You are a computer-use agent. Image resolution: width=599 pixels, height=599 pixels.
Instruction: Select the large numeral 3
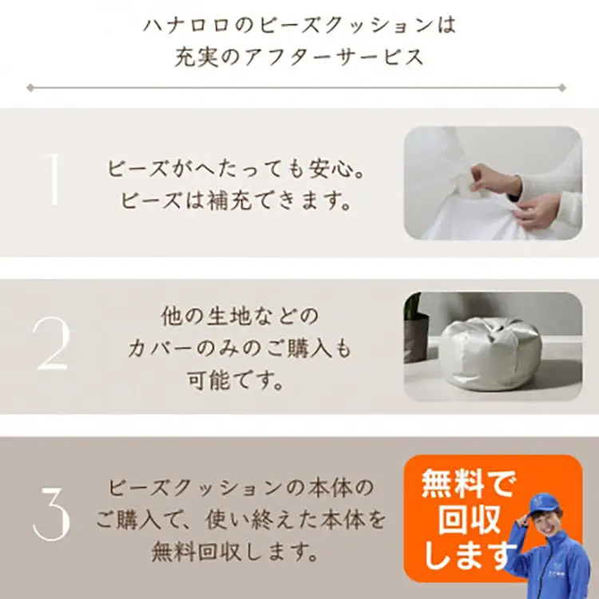(51, 512)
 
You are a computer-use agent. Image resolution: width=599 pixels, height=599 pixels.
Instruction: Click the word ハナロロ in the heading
(186, 26)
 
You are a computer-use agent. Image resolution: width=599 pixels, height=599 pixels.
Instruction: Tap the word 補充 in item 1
(229, 200)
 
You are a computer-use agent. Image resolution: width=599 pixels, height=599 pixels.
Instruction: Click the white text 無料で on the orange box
(468, 483)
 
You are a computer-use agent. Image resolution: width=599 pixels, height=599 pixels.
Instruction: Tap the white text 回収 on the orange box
(469, 520)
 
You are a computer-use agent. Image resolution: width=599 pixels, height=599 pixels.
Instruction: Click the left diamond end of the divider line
(30, 88)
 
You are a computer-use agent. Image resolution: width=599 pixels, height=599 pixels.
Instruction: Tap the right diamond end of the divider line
(562, 88)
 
